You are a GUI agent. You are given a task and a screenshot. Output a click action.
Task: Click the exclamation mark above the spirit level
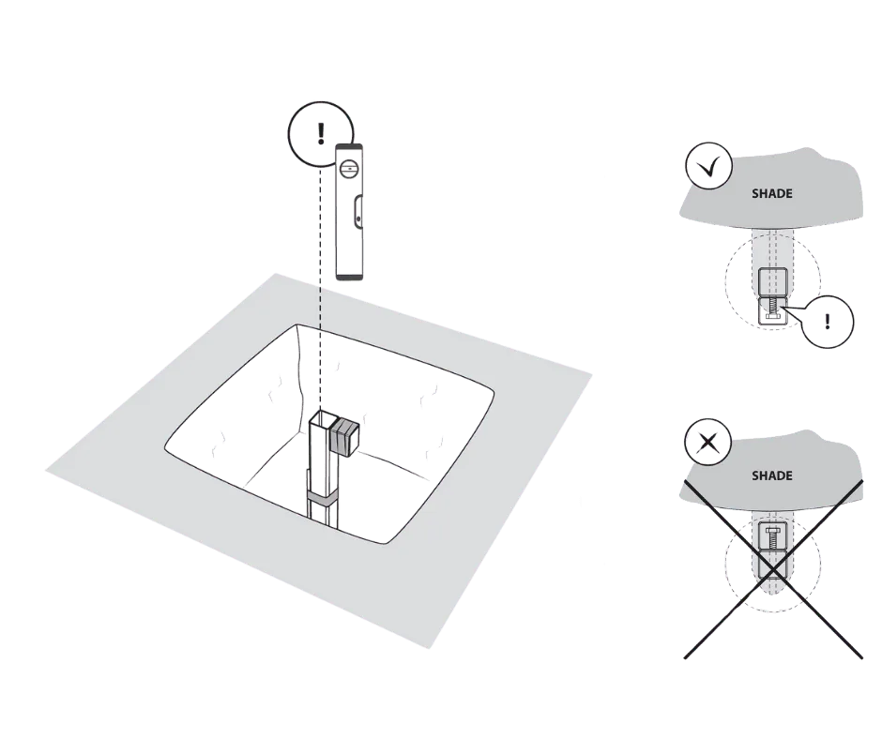(321, 133)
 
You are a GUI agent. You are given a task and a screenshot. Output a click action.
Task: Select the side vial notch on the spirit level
(358, 213)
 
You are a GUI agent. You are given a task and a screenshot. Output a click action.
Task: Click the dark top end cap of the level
(349, 146)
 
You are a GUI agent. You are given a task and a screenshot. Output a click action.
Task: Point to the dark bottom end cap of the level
(349, 276)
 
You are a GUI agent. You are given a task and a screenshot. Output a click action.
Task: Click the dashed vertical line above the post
(320, 287)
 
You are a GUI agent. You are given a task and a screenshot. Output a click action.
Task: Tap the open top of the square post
(323, 419)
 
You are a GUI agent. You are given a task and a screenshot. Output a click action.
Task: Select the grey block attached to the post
(344, 435)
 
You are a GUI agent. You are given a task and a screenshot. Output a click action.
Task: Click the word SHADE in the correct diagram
(771, 193)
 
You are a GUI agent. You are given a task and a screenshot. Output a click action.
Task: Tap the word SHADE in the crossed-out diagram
(771, 475)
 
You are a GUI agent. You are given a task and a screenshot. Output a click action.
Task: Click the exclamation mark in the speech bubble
(827, 322)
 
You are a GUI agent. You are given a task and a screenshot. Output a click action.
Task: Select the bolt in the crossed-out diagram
(773, 537)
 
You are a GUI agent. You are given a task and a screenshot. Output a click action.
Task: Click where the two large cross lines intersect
(773, 569)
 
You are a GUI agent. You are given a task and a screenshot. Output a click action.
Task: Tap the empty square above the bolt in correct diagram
(770, 281)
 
